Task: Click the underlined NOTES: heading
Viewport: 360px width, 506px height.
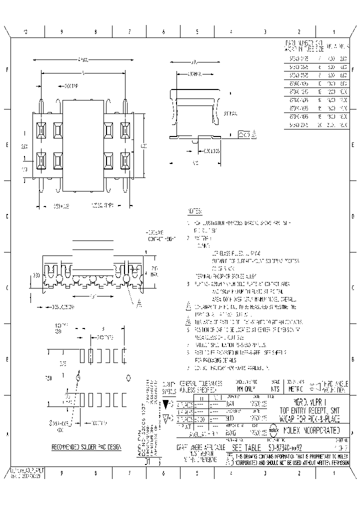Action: click(x=194, y=211)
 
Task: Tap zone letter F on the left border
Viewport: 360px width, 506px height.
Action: click(x=7, y=69)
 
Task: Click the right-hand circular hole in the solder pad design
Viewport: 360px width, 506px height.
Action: click(x=128, y=377)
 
